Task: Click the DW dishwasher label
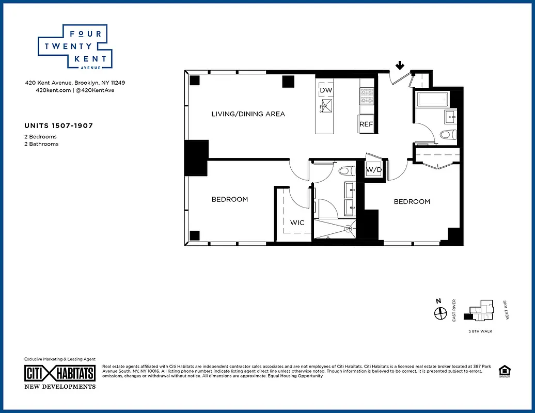click(325, 90)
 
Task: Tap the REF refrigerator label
click(366, 124)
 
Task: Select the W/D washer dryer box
click(373, 169)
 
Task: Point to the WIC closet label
click(297, 223)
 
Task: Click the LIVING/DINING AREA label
click(248, 114)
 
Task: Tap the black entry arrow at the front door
click(400, 66)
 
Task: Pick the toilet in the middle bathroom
click(345, 170)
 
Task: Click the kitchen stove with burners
click(366, 95)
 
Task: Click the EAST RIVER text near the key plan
click(454, 310)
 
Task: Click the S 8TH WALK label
click(480, 331)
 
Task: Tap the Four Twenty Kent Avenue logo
click(75, 46)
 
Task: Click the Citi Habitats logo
click(60, 374)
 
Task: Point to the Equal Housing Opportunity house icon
click(503, 371)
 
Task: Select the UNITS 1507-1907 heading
click(58, 125)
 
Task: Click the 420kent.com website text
click(48, 90)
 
